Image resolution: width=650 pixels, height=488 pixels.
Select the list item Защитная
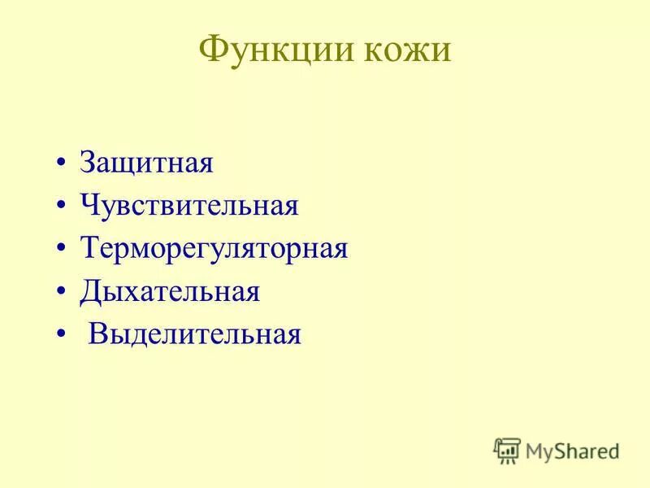(146, 163)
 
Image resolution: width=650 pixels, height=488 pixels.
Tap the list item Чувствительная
(189, 206)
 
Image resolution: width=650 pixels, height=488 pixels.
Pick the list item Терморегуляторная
(214, 248)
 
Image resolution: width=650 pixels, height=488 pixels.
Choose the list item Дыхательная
(170, 291)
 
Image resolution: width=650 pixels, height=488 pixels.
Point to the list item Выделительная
(195, 333)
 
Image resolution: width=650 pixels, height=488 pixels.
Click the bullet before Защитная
(62, 163)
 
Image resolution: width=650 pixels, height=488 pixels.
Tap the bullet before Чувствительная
(62, 206)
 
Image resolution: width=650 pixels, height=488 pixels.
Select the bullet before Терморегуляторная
(62, 248)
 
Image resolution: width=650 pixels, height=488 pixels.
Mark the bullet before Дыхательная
(62, 291)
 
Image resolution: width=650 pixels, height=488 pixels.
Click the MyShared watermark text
(572, 449)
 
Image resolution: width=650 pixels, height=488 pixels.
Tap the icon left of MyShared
(507, 449)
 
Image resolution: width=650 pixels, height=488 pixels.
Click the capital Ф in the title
(213, 50)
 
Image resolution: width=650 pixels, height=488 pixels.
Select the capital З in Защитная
(87, 163)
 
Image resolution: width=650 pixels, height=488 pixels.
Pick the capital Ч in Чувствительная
(89, 206)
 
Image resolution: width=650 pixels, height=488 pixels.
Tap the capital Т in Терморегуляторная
(89, 248)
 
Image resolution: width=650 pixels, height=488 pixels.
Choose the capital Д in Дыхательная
(89, 291)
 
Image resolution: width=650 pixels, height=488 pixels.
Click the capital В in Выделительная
(97, 333)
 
